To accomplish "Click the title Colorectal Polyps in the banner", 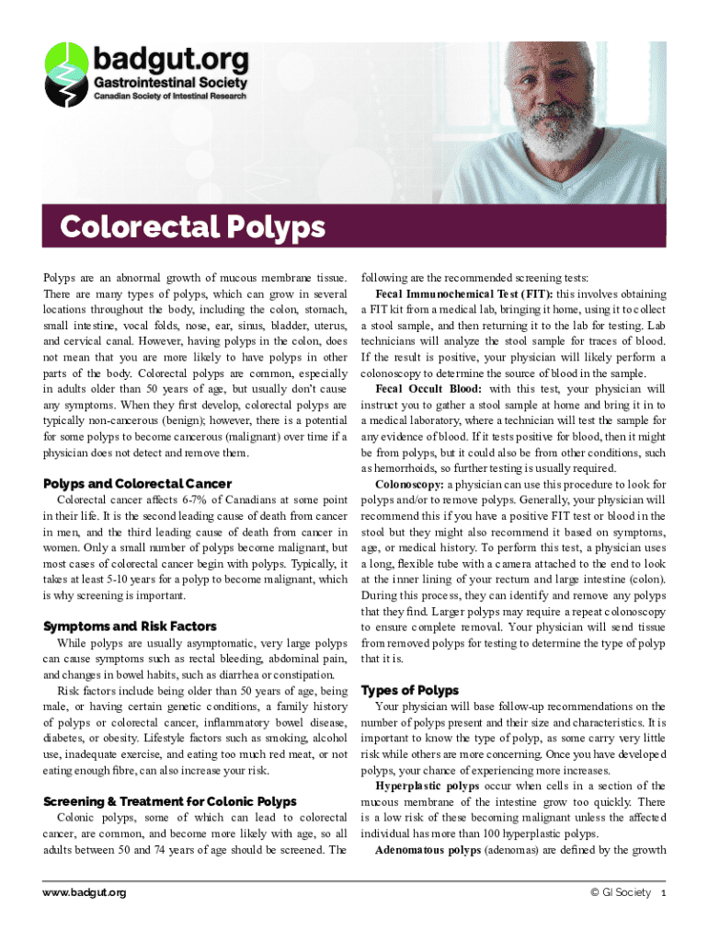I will click(x=193, y=226).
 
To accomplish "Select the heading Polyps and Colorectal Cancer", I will click(x=137, y=484).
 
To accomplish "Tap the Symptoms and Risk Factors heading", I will click(x=130, y=626).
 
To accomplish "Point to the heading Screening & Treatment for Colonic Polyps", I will click(x=168, y=801).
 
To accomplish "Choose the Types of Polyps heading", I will click(x=410, y=690).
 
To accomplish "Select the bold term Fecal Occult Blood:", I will click(x=429, y=389).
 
